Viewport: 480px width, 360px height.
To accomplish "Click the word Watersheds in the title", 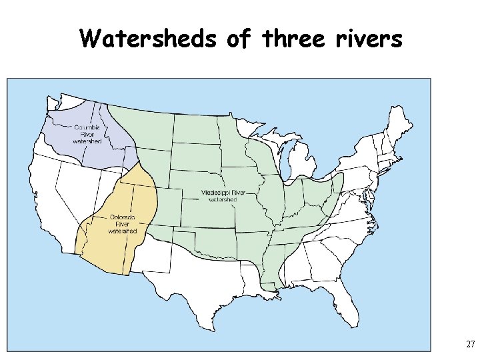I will pyautogui.click(x=148, y=39).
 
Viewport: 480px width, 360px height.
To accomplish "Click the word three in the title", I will pyautogui.click(x=291, y=39).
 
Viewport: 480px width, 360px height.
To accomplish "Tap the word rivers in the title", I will pyautogui.click(x=367, y=39).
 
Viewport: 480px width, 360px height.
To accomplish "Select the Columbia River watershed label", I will pyautogui.click(x=87, y=134).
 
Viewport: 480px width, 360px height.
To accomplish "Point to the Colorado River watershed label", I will pyautogui.click(x=122, y=225).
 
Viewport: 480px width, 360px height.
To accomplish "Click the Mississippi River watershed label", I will pyautogui.click(x=223, y=195).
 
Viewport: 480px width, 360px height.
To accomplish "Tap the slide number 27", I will pyautogui.click(x=470, y=345).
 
